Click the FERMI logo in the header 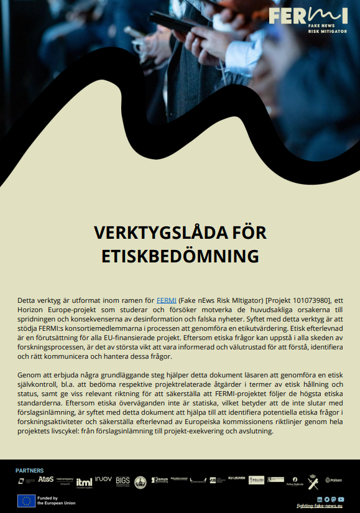tap(308, 19)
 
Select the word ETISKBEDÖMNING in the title tap(180, 255)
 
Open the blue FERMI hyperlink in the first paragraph tap(166, 300)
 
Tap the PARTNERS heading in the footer tap(30, 471)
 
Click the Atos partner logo tap(46, 479)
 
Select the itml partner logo tap(84, 481)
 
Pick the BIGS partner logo tap(122, 481)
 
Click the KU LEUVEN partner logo tap(236, 478)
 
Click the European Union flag tap(26, 501)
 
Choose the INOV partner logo tap(103, 479)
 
